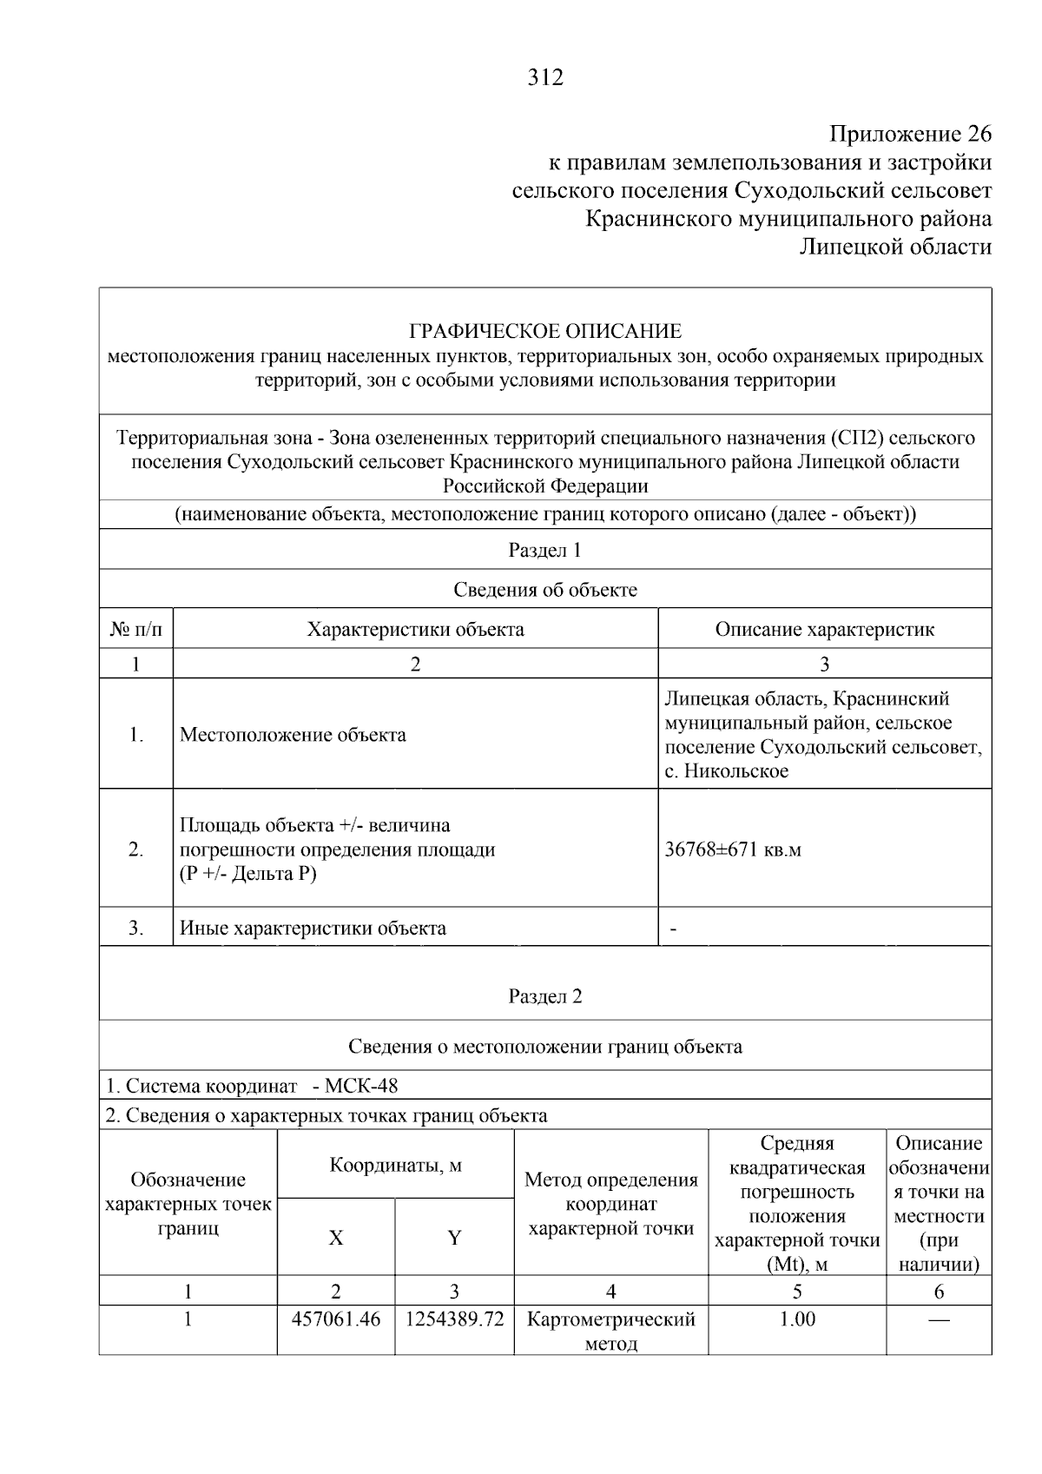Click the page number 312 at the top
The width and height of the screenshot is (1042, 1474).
click(545, 78)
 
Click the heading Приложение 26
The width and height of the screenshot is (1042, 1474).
click(910, 135)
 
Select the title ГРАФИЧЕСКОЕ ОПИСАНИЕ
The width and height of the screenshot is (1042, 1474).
click(545, 331)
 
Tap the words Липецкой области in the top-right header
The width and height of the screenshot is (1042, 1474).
click(895, 248)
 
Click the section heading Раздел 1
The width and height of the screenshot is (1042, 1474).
click(544, 550)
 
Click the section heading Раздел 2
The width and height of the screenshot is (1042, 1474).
click(544, 996)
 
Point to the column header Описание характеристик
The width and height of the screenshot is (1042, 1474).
click(824, 629)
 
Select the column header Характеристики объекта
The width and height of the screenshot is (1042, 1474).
click(415, 629)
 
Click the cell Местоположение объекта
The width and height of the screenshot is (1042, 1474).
click(293, 735)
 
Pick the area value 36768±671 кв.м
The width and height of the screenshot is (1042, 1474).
click(732, 849)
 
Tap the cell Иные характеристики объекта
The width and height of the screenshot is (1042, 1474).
click(313, 928)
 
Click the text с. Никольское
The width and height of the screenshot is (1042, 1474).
click(726, 771)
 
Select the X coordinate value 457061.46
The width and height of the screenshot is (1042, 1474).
click(336, 1319)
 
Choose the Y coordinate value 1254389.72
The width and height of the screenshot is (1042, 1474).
click(454, 1319)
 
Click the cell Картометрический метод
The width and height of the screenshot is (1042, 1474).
click(611, 1331)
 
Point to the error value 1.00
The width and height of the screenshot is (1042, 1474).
click(797, 1319)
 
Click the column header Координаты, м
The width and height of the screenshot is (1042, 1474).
click(395, 1165)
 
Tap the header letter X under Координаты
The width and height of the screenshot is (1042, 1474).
click(336, 1238)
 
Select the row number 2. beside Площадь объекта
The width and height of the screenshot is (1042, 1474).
click(136, 849)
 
